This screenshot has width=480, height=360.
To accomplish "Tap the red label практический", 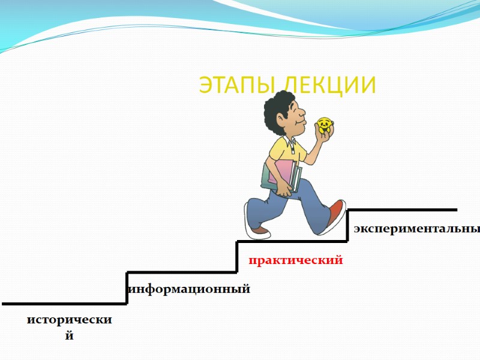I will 296,260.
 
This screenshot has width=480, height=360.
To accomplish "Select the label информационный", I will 190,289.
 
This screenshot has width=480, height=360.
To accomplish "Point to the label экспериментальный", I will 416,229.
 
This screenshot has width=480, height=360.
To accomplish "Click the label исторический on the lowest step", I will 70,320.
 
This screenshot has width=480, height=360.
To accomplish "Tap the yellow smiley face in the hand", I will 325,125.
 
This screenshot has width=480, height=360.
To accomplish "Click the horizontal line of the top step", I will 402,210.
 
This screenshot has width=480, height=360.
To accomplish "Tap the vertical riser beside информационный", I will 127,288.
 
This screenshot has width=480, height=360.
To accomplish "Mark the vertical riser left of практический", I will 238,257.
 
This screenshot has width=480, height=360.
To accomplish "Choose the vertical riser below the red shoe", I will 348,226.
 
